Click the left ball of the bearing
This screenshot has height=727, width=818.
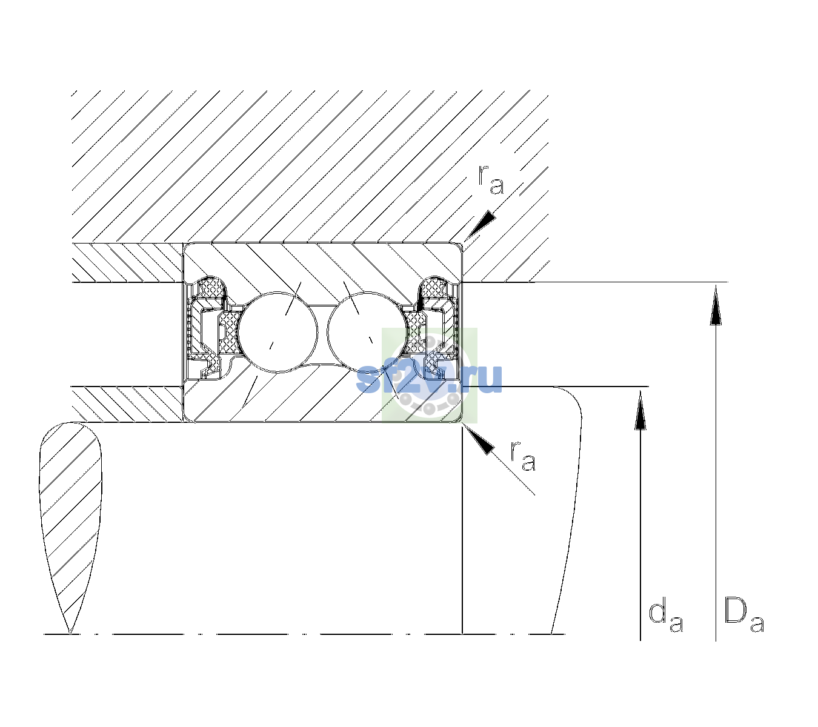pos(278,332)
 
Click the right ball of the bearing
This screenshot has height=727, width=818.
pos(367,332)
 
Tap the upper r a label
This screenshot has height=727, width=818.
pos(491,180)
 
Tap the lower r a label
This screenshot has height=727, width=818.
pos(523,456)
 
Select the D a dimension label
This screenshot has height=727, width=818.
pos(743,620)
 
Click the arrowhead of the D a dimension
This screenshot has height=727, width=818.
pos(716,305)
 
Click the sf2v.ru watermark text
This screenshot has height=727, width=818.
pos(429,379)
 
